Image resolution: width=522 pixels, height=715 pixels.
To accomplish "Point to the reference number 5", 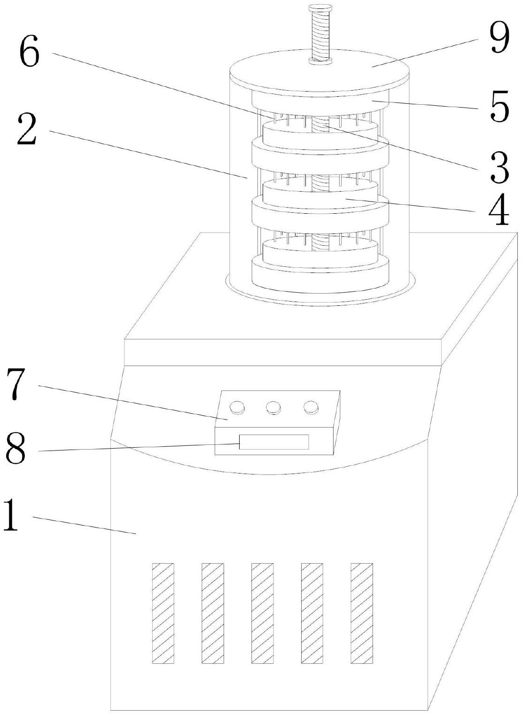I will click(498, 107).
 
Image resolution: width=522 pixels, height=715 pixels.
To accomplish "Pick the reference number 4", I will click(498, 211).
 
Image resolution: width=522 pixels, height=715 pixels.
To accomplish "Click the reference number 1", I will click(11, 515).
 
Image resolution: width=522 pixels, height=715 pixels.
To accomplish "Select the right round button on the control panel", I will click(311, 407).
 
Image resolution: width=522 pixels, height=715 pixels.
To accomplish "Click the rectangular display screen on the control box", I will click(274, 442).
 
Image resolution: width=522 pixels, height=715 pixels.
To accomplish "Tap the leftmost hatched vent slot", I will click(163, 613).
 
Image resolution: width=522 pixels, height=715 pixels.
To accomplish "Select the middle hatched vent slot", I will click(262, 613).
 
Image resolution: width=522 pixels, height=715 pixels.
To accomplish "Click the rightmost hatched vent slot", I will click(362, 613).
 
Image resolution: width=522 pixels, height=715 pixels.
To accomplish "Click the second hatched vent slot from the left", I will click(212, 613).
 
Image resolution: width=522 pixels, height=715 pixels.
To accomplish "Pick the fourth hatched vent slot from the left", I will click(312, 613).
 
